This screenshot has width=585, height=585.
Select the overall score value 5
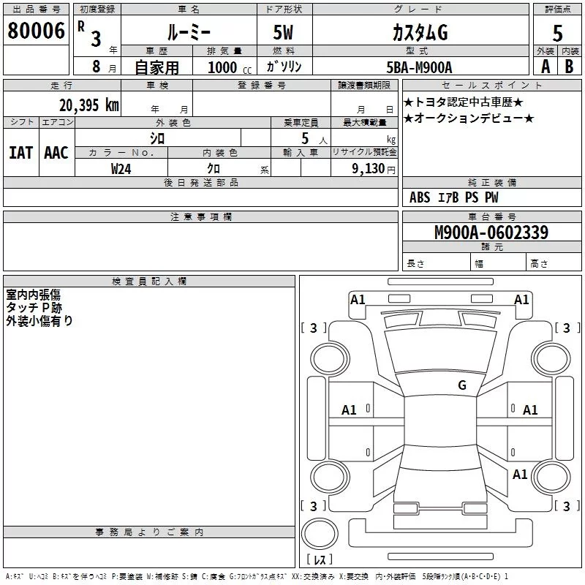[x=557, y=34]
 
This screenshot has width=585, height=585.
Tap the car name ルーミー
[x=188, y=33]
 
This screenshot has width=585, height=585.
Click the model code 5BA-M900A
[x=419, y=67]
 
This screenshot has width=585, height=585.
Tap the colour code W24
[x=121, y=168]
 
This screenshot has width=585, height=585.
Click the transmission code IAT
[x=21, y=152]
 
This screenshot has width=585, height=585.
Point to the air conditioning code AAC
[x=56, y=152]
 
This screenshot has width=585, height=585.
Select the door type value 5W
[x=284, y=33]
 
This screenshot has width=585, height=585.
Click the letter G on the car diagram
[x=461, y=385]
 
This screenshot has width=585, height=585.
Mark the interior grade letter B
[x=568, y=67]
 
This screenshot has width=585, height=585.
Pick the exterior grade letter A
[x=545, y=67]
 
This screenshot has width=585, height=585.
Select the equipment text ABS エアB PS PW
[x=453, y=197]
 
